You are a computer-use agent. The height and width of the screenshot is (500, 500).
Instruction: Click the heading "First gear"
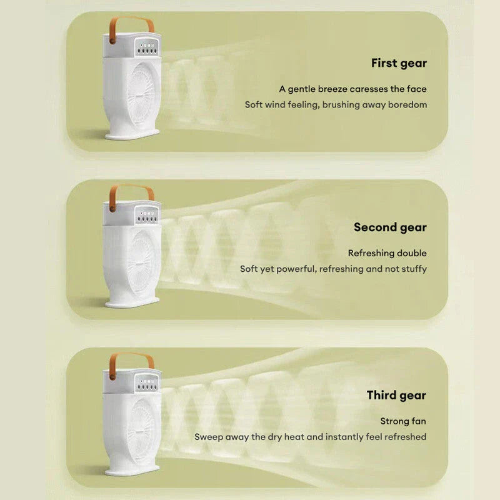click(399, 64)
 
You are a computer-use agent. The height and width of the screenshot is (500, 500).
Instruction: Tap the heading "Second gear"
click(390, 227)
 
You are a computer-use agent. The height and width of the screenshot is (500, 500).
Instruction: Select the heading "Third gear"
click(396, 396)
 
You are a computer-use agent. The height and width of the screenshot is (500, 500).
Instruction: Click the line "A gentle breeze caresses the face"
click(352, 89)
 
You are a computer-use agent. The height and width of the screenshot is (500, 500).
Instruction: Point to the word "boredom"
click(407, 104)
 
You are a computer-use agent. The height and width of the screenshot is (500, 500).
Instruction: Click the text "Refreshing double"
click(387, 253)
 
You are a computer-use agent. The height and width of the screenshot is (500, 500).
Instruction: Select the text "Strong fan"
click(403, 421)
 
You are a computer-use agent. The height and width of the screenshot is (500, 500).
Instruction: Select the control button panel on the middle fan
click(147, 215)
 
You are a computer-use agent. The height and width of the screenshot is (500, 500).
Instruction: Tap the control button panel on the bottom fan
click(147, 383)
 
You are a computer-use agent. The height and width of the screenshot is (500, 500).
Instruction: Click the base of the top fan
click(132, 134)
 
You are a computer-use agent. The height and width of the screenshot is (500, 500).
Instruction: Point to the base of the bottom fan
click(132, 471)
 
